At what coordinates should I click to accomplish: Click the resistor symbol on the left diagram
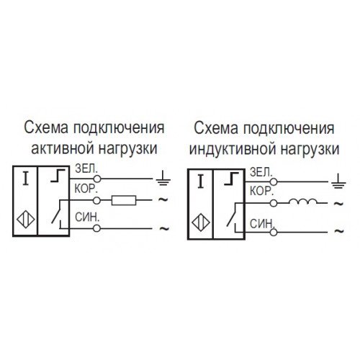click(124, 200)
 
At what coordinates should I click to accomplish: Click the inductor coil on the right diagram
click(302, 202)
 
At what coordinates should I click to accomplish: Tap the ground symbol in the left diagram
click(163, 179)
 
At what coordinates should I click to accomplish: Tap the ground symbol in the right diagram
click(338, 181)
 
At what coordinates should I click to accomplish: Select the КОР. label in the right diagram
click(261, 192)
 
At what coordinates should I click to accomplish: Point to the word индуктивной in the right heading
click(233, 149)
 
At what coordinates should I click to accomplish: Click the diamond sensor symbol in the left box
click(26, 219)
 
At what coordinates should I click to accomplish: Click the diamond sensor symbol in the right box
click(201, 222)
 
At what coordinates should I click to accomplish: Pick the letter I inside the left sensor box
click(25, 179)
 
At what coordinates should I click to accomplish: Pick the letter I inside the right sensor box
click(201, 181)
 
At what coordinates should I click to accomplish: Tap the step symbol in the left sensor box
click(58, 176)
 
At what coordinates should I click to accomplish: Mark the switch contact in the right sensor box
click(232, 215)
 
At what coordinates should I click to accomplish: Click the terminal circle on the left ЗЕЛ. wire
click(97, 179)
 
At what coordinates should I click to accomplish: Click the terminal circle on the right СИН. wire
click(274, 232)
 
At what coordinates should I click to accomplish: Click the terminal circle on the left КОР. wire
click(96, 200)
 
